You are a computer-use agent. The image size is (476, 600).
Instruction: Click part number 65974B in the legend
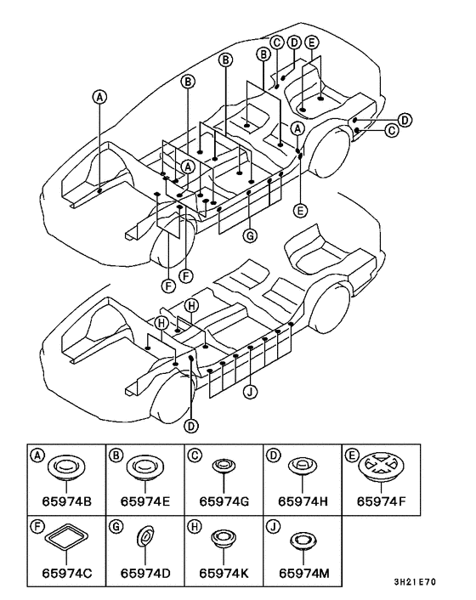coord(66,501)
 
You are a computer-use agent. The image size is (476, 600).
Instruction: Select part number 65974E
coord(145,501)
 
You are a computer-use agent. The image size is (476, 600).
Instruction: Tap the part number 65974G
coord(224,501)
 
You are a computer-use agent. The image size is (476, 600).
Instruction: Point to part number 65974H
coord(303,501)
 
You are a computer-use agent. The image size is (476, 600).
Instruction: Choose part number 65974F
coord(381,501)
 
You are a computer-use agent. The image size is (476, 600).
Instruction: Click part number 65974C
coord(67,573)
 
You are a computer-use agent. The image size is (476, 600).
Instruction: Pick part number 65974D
coord(145,573)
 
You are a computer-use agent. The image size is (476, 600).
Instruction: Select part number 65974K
coord(224,573)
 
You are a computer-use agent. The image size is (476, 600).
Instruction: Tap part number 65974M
coord(303,573)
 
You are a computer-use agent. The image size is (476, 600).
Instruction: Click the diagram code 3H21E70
coord(415,582)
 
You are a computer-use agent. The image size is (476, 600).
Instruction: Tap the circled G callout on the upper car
coord(250,236)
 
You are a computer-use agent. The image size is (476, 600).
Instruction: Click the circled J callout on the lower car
coord(250,392)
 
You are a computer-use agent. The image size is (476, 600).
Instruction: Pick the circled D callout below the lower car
coord(191,426)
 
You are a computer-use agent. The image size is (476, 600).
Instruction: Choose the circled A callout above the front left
coord(99,97)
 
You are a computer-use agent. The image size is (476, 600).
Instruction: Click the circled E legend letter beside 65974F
coord(352,455)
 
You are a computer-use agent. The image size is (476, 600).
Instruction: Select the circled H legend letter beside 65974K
coord(194,527)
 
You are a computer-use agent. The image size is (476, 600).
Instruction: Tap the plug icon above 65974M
coord(303,541)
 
